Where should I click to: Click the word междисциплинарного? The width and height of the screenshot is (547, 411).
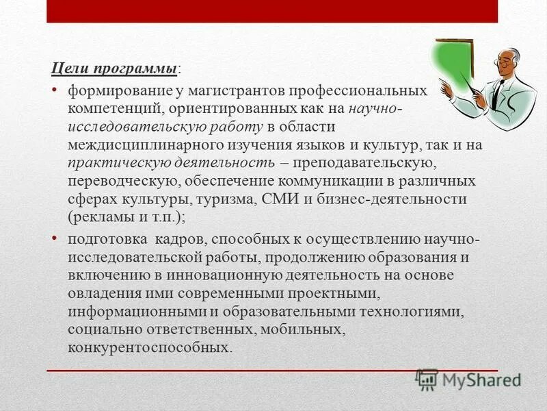[147, 145]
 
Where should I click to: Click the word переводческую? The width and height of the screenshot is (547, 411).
[122, 182]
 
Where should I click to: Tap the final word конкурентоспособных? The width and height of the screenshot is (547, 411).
[150, 347]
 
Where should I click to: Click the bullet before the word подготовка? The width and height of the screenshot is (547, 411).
[55, 239]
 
